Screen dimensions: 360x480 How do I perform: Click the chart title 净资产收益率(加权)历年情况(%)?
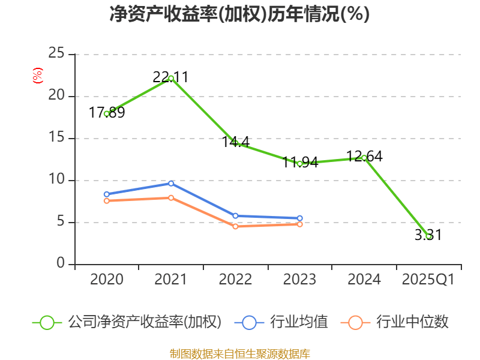[x=239, y=14]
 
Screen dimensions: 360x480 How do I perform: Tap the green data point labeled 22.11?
[x=171, y=78]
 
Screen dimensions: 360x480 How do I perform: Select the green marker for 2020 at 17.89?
[x=107, y=113]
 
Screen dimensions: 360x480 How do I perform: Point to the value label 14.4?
[x=236, y=142]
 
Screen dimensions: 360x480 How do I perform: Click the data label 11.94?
[x=300, y=163]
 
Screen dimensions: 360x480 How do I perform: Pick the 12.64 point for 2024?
[x=364, y=157]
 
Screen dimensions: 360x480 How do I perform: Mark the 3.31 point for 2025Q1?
[x=428, y=236]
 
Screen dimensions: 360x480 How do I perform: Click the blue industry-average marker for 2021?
[x=171, y=183]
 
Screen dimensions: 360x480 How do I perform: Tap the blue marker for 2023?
[x=300, y=218]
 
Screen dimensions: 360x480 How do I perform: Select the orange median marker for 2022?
[x=235, y=226]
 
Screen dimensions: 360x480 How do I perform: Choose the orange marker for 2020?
[x=107, y=200]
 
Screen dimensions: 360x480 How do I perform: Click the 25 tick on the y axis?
[x=56, y=54]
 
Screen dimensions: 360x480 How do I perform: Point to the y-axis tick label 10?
[x=56, y=180]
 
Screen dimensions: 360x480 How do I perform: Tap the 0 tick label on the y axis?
[x=61, y=264]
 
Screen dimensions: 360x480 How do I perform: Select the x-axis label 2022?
[x=235, y=280]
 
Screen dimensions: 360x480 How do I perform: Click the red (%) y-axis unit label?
[x=37, y=75]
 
